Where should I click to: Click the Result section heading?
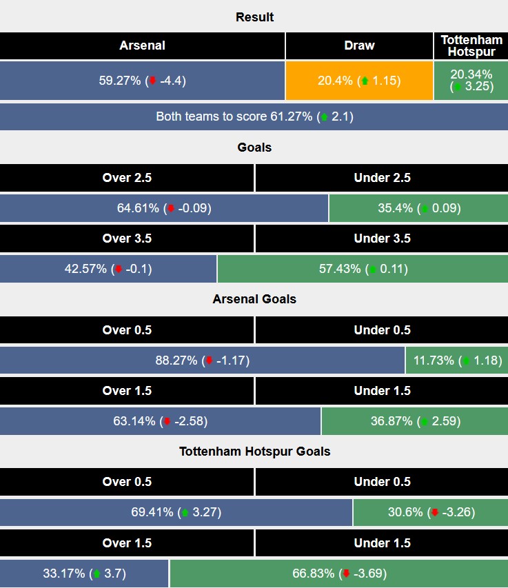pyautogui.click(x=254, y=17)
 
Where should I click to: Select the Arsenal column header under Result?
pyautogui.click(x=142, y=45)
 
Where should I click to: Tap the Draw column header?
pyautogui.click(x=359, y=45)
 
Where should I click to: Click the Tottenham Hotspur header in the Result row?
pyautogui.click(x=471, y=45)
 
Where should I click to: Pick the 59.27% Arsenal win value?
pyautogui.click(x=142, y=81)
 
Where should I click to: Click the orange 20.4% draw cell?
pyautogui.click(x=359, y=81)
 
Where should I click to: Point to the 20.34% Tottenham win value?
pyautogui.click(x=471, y=81)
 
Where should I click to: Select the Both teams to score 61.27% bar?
pyautogui.click(x=254, y=116)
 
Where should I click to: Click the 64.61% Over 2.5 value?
pyautogui.click(x=163, y=208)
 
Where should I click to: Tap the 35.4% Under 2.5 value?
pyautogui.click(x=418, y=208)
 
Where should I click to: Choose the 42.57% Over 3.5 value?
pyautogui.click(x=108, y=269)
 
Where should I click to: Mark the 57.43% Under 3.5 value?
pyautogui.click(x=363, y=269)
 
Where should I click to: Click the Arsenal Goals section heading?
pyautogui.click(x=254, y=299)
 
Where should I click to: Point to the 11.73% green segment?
pyautogui.click(x=456, y=360)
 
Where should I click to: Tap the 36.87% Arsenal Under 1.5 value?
pyautogui.click(x=414, y=420)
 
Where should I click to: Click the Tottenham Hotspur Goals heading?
pyautogui.click(x=254, y=452)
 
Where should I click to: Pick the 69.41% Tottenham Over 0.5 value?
pyautogui.click(x=176, y=512)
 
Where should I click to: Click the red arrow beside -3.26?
pyautogui.click(x=435, y=512)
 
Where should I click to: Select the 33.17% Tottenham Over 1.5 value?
pyautogui.click(x=83, y=573)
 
